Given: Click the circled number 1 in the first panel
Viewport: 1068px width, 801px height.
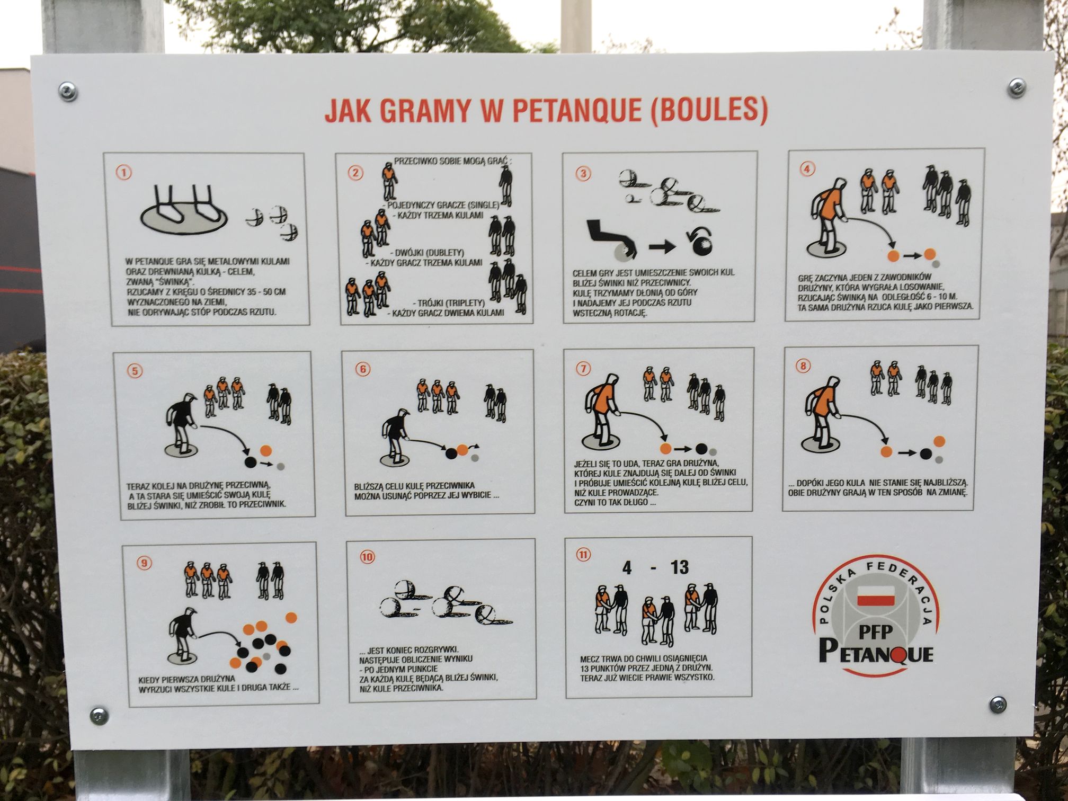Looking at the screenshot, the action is point(124,173).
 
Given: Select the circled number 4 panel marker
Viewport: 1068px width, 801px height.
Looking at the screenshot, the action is point(806,169).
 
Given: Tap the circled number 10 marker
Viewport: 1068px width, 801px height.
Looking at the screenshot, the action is point(367,557).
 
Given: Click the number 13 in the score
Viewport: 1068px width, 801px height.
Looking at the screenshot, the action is point(679,567).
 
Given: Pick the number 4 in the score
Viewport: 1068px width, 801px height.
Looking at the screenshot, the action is point(627,568).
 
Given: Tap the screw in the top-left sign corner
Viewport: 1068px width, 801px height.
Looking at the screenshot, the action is point(67,91).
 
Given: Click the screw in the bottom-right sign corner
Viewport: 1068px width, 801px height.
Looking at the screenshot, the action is point(998,704).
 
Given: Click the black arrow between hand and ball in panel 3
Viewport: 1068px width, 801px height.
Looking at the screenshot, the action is point(663,246).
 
